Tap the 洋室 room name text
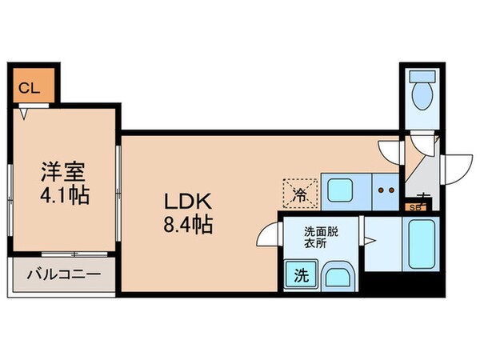64,171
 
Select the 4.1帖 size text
64,194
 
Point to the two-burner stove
386,191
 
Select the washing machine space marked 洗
300,276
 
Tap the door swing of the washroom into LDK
268,238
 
